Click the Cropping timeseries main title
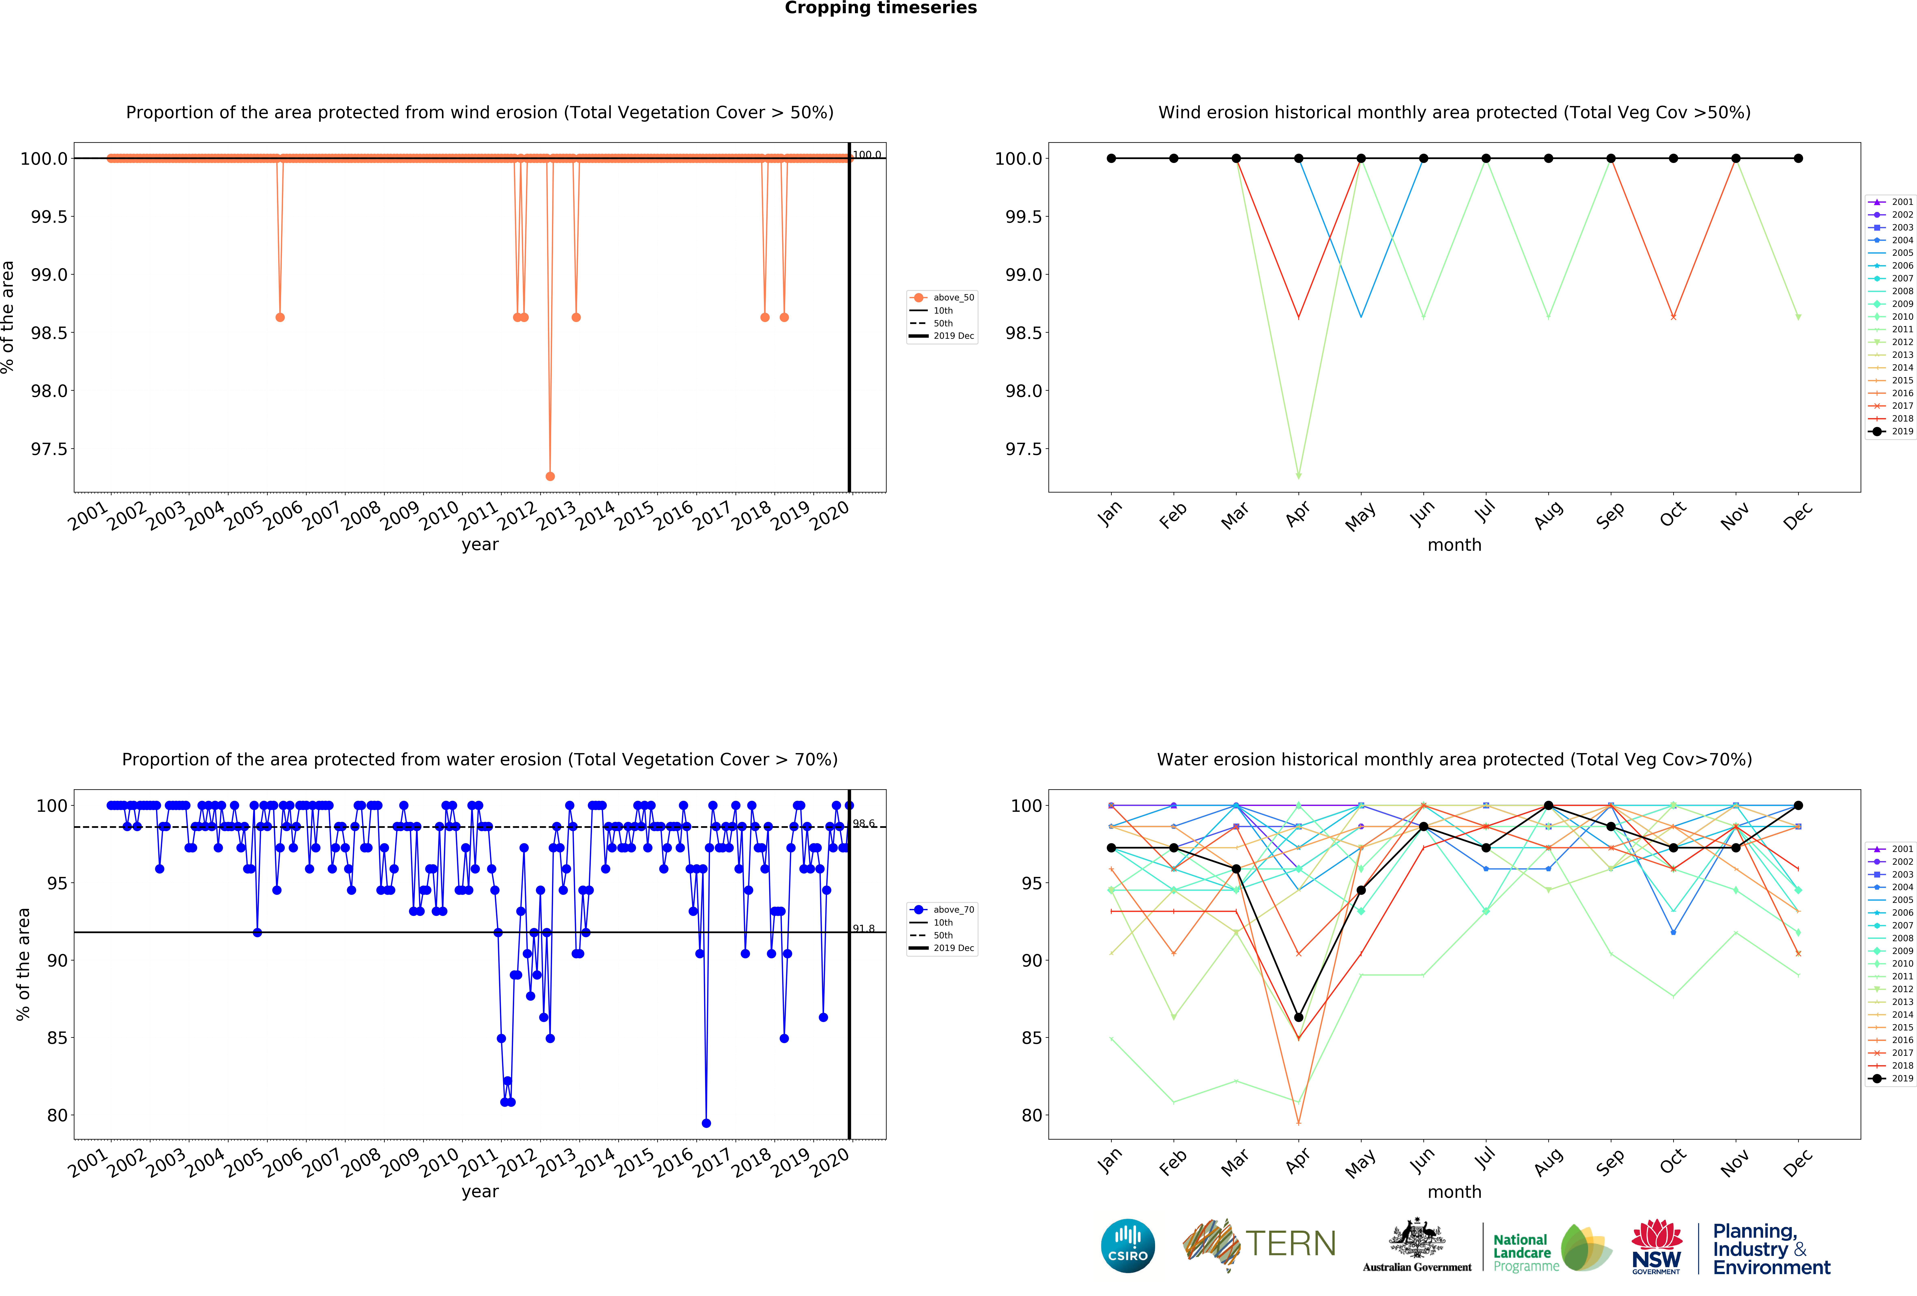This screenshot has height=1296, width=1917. tap(880, 8)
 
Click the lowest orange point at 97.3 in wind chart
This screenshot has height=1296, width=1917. tap(550, 476)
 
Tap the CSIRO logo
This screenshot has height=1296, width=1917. tap(1128, 1246)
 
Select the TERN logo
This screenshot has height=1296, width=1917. tap(1260, 1244)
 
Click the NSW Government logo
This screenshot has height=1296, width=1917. tap(1656, 1247)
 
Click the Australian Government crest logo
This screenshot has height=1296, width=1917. tap(1416, 1246)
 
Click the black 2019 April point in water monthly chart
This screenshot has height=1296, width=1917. tap(1298, 1017)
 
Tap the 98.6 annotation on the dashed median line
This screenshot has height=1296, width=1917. tap(864, 823)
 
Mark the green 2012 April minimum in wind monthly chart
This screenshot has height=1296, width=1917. tap(1298, 476)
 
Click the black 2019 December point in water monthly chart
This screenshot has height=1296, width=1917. tap(1798, 805)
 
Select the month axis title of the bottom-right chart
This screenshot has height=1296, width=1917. tap(1454, 1192)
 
